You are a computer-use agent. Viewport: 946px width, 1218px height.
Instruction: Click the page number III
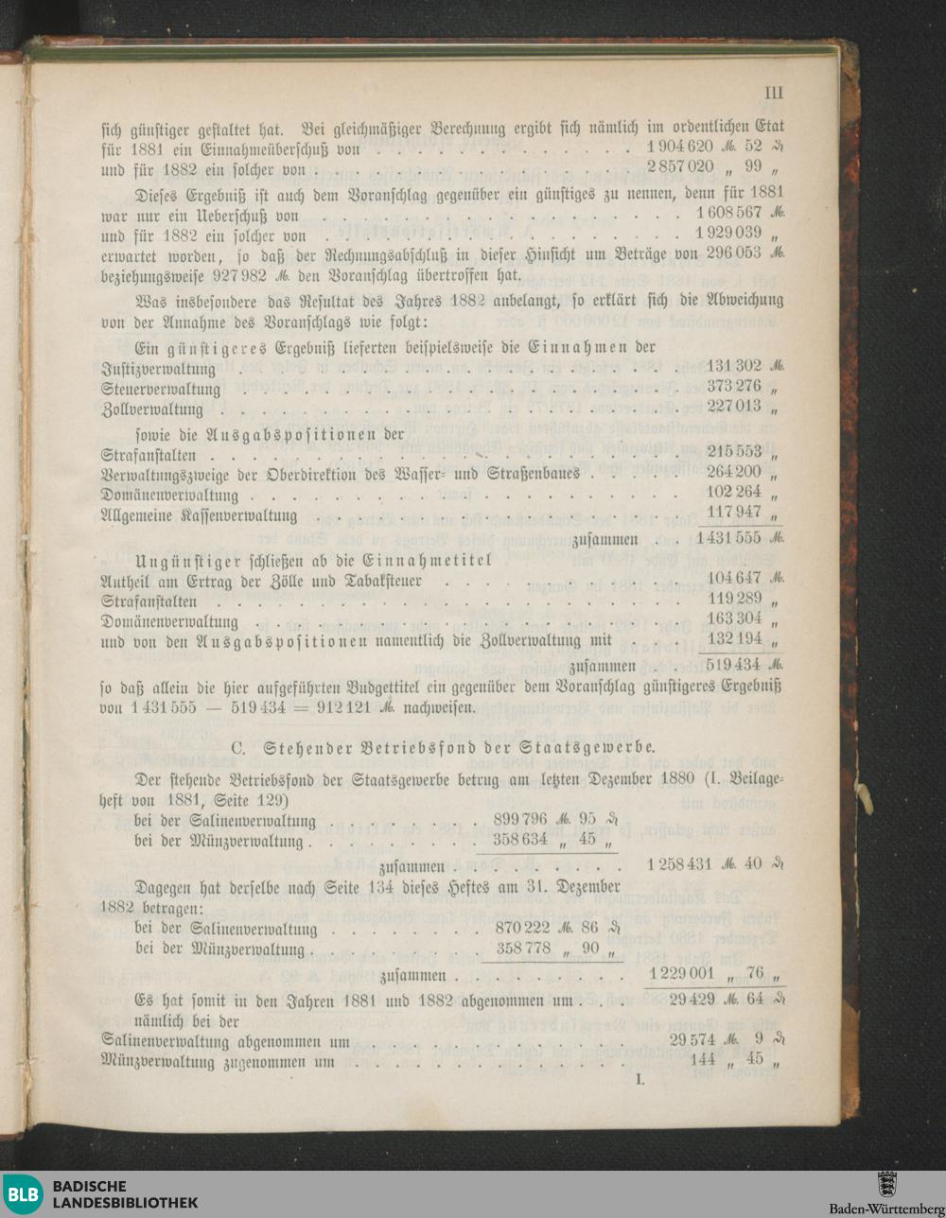point(773,93)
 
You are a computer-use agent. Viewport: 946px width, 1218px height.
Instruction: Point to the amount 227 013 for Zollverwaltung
point(733,409)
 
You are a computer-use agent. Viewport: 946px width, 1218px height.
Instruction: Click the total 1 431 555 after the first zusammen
point(728,537)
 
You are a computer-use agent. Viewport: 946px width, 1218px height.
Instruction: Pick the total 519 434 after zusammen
point(733,665)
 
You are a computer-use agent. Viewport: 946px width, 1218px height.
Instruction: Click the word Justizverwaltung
point(158,369)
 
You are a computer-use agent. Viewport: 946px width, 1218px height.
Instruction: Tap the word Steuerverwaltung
point(160,390)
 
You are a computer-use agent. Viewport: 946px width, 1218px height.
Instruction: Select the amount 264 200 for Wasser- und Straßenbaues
point(733,473)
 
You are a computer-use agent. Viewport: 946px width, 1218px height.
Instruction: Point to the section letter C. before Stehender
point(240,747)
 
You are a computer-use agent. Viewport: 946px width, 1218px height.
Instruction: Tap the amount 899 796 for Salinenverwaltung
point(520,819)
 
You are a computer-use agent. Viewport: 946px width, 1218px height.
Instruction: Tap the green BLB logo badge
point(23,1193)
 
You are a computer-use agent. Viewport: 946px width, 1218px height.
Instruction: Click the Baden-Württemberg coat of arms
point(886,1184)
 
